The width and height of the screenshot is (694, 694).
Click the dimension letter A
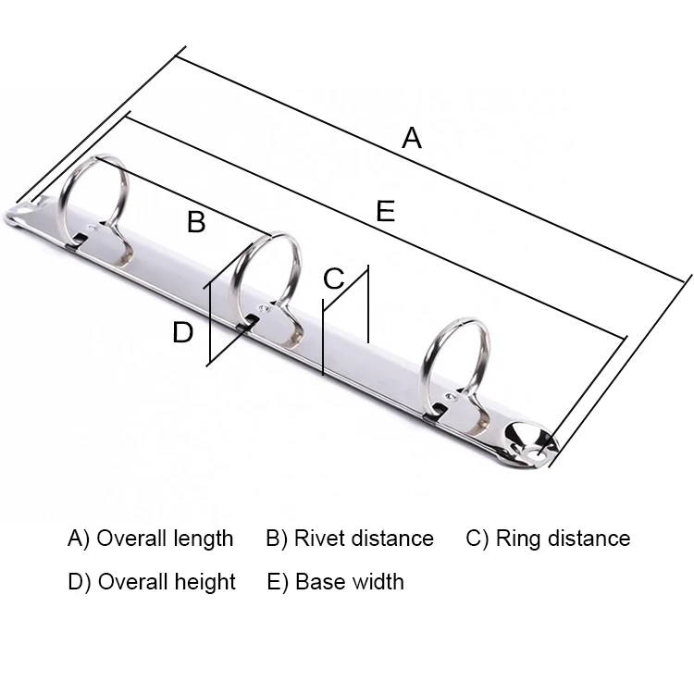pos(412,139)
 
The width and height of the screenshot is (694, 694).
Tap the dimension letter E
pos(386,212)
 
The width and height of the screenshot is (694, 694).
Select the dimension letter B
pos(196,222)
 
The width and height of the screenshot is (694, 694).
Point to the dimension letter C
pos(333,278)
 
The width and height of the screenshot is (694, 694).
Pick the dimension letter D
pos(183,332)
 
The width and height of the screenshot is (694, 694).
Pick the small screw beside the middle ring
pos(266,309)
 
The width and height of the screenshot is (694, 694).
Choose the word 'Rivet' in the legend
pos(317,539)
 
